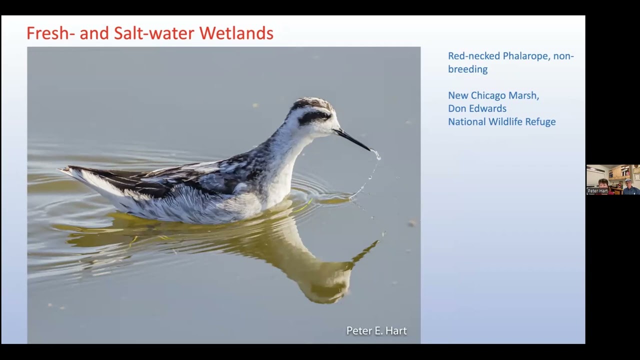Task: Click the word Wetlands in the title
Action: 236,33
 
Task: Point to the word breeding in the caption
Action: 467,69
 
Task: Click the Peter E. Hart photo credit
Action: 376,330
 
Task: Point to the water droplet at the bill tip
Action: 376,154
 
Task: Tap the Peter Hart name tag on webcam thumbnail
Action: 597,191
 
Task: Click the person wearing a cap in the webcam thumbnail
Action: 628,185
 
